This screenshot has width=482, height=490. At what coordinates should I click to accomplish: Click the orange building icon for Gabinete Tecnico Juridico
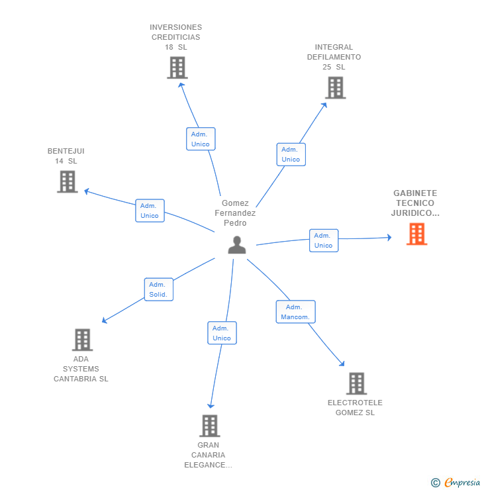pos(416,234)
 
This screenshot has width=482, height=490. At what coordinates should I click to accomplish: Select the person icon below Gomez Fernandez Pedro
pos(237,245)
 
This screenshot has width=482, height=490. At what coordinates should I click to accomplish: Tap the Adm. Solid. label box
pos(159,289)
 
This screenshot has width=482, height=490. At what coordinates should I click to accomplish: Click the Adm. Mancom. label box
pos(295,312)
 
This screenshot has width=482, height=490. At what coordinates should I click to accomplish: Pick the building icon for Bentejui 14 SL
pos(67,181)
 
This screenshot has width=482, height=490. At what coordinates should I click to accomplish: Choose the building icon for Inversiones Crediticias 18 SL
pos(177,68)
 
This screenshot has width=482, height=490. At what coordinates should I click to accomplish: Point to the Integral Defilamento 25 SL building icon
pos(335,87)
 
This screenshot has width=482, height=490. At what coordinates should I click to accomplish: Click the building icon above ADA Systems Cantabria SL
pos(82,340)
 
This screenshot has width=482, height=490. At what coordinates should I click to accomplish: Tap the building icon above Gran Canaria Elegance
pos(210,426)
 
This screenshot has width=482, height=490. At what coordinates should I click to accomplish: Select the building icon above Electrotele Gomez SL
pos(356,383)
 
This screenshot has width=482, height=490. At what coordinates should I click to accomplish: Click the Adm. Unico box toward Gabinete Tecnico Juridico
pos(324,240)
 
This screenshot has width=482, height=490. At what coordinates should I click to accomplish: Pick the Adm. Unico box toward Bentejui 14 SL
pos(150,211)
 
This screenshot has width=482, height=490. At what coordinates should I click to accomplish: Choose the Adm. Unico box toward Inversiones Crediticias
pos(201,139)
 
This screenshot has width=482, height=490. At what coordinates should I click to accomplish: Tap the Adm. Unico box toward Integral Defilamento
pos(291,154)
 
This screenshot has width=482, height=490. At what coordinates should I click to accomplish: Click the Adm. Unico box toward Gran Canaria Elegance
pos(222,333)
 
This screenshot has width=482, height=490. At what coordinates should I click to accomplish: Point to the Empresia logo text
pos(462,482)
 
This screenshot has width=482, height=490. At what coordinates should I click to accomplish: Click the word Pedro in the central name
pos(235,222)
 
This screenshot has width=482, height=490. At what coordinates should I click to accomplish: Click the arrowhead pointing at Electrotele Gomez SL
pos(342,364)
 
